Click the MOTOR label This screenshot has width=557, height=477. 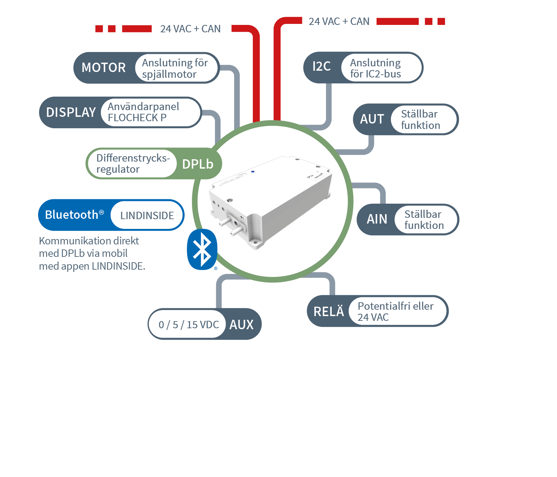point(103,68)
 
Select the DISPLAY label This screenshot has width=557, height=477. point(71,112)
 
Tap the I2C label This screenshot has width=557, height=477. point(321,67)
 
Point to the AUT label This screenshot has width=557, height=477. point(372,119)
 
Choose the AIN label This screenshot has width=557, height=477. point(377,219)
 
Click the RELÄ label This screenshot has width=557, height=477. point(329,312)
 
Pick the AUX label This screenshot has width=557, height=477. point(241,325)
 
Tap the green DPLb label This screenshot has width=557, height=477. point(198,164)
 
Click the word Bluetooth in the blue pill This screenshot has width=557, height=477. point(71,215)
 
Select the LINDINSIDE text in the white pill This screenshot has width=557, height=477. point(147,215)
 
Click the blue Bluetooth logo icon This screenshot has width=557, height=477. point(202,249)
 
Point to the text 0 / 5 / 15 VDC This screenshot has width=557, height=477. point(189,325)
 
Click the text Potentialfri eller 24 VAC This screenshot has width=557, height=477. point(395,311)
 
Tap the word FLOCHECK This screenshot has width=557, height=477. point(133,118)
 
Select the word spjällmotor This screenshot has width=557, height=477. point(169,74)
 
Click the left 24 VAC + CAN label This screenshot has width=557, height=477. point(190,29)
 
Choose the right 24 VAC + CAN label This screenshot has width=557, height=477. point(339,22)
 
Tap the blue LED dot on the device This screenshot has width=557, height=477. point(253,172)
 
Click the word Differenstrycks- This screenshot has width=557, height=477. point(133,158)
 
